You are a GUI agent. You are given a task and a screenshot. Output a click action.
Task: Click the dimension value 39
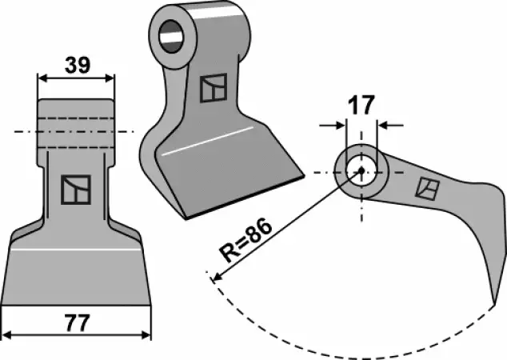(x=78, y=65)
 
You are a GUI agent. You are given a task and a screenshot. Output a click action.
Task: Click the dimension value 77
(x=77, y=323)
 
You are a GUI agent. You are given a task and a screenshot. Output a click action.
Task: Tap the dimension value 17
(x=361, y=105)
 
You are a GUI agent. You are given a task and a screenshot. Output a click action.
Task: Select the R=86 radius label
(x=245, y=240)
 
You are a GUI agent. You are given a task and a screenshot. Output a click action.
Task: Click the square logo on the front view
(x=76, y=190)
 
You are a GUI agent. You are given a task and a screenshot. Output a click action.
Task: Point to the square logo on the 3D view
(x=214, y=88)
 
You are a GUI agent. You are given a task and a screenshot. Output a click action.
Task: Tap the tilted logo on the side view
(x=427, y=188)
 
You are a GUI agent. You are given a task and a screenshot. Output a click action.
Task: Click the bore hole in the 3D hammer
(x=171, y=36)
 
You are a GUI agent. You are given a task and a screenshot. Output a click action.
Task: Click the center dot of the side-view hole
(x=361, y=170)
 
